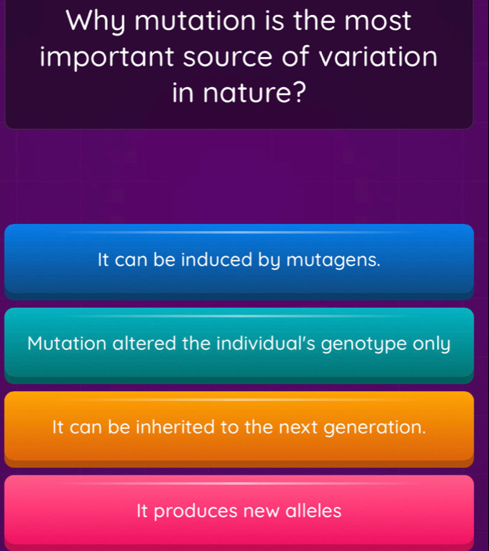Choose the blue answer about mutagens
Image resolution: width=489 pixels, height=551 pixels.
[x=238, y=260]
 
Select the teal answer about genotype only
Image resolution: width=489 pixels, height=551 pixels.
[x=238, y=343]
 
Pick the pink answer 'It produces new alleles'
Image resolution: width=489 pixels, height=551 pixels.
[x=238, y=511]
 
